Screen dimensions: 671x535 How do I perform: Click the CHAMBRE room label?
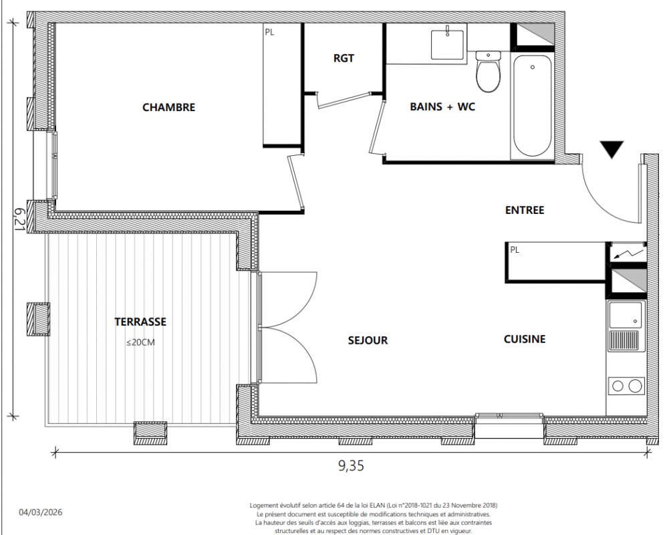click(168, 107)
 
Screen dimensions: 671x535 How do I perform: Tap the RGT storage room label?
click(344, 58)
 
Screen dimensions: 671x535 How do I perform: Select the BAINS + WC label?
click(442, 106)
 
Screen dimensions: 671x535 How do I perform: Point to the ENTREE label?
click(525, 210)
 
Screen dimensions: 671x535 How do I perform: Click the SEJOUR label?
click(368, 340)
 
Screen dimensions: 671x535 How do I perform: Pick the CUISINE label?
click(525, 339)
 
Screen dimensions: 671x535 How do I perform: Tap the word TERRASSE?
click(140, 322)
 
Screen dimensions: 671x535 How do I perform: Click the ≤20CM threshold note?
click(140, 342)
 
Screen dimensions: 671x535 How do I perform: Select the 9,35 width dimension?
click(352, 465)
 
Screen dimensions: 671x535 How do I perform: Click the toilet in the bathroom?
click(489, 71)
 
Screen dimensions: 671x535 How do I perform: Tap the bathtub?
click(533, 106)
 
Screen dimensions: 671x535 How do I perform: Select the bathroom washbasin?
click(447, 44)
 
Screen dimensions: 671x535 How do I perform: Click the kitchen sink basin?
click(626, 315)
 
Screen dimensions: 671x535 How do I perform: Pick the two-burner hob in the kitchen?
click(626, 386)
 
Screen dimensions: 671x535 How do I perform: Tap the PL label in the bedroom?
click(269, 32)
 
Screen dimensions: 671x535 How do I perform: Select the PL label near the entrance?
click(515, 249)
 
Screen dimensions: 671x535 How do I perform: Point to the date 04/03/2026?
click(41, 512)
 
